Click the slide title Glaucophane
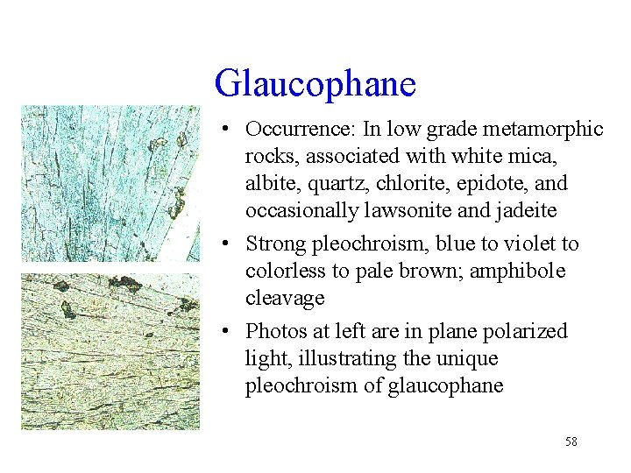coord(315,84)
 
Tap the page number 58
coord(571,442)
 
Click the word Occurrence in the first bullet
coord(295,130)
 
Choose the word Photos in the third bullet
coord(273,332)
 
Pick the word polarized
coord(529,332)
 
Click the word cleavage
coord(285,299)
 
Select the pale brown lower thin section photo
coord(109,350)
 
